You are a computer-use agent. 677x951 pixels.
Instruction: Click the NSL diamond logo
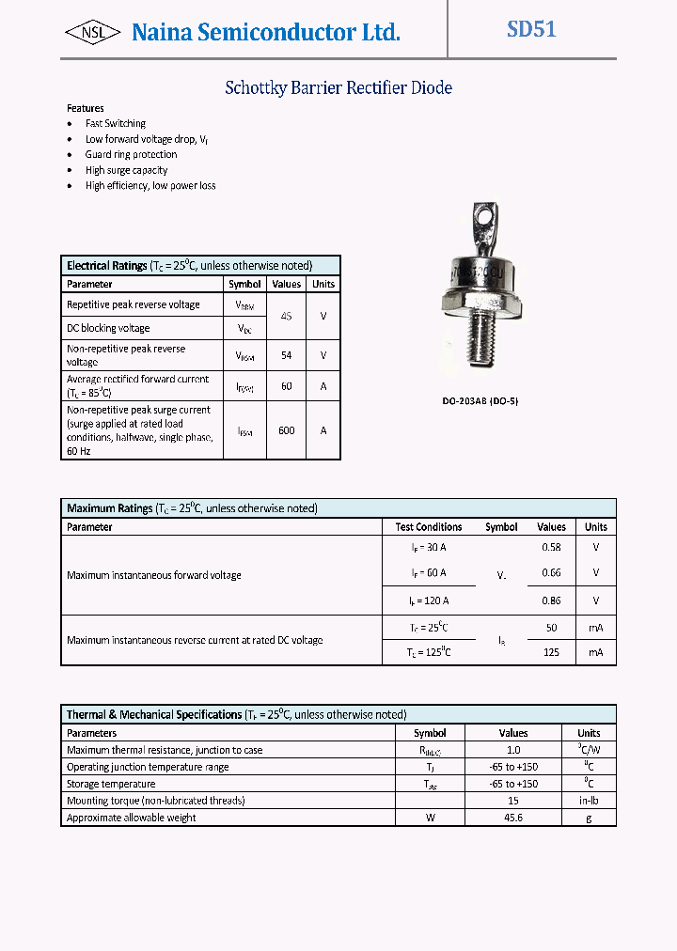point(92,33)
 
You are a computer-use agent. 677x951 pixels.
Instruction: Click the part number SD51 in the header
point(531,29)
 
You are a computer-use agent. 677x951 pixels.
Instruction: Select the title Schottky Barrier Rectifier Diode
point(338,88)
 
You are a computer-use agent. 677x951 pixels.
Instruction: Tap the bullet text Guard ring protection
point(131,154)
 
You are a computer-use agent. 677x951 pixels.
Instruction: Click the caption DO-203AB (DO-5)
point(480,401)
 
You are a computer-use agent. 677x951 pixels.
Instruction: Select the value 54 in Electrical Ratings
point(286,355)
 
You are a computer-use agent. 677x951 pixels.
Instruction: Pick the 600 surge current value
point(286,430)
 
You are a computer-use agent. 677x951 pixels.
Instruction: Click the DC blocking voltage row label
point(108,328)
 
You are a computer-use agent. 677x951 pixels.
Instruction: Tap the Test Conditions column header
point(429,527)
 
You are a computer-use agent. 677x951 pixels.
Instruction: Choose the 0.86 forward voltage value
point(551,600)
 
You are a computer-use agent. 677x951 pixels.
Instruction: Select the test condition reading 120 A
point(429,600)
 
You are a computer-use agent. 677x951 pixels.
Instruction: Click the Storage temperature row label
point(111,784)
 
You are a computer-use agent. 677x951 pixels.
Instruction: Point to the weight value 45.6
point(513,818)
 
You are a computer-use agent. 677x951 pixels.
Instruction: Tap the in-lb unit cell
point(589,801)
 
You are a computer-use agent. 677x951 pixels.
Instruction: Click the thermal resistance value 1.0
point(513,750)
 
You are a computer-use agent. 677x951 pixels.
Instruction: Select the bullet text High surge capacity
point(126,170)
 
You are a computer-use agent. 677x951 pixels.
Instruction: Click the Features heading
point(86,108)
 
